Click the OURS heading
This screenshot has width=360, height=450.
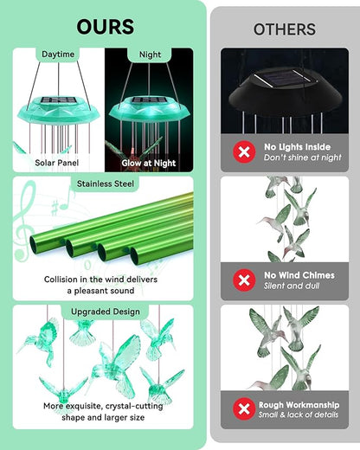(104, 26)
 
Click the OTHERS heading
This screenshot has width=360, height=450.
(285, 29)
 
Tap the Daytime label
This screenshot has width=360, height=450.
(58, 55)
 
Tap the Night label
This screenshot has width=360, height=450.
(150, 55)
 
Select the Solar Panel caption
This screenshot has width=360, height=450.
(58, 162)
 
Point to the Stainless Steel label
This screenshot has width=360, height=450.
(104, 183)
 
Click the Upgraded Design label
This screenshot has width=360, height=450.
(104, 310)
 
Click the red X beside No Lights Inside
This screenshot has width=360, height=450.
(244, 152)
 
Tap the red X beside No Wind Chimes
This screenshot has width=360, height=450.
(244, 280)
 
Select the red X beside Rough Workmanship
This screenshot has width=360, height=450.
(244, 408)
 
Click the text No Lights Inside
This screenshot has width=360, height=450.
(297, 147)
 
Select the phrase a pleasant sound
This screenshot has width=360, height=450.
(104, 292)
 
